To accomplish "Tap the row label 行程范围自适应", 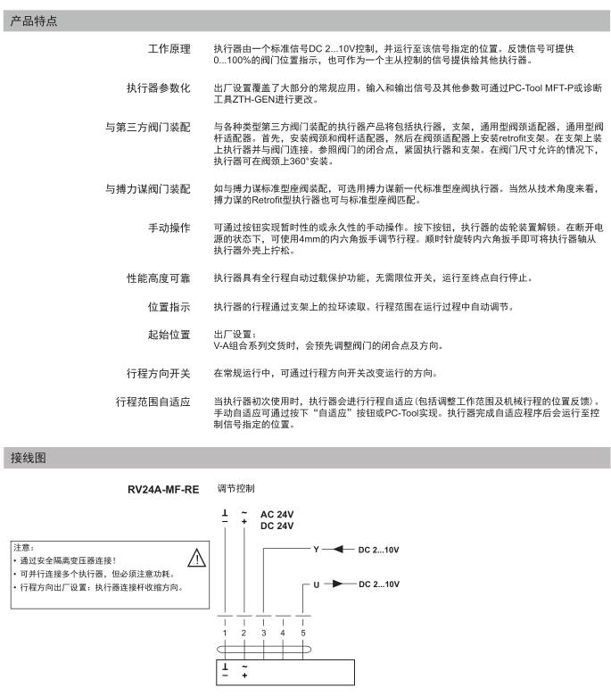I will [153, 402].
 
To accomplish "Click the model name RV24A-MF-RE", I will [164, 490].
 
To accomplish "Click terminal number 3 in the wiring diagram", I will [263, 633].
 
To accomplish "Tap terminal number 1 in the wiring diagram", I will [226, 633].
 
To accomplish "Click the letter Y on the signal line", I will [315, 549].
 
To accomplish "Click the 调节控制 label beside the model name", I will [235, 489].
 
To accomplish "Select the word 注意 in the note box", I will [23, 546].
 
